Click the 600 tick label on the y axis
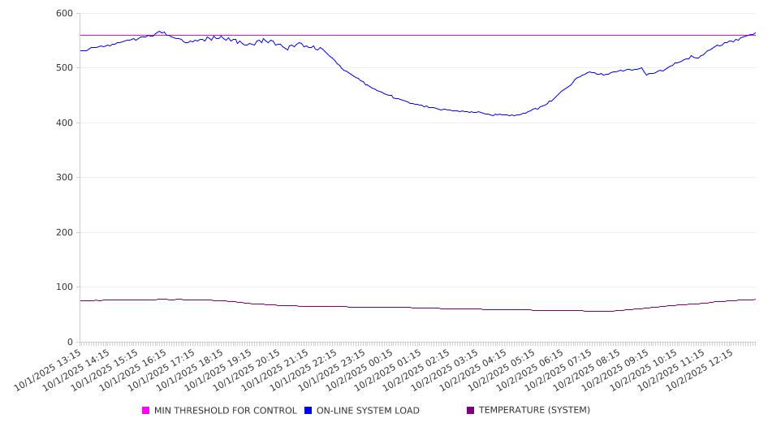(64, 14)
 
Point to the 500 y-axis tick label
(64, 68)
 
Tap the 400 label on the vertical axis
(64, 123)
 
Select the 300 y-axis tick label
(64, 178)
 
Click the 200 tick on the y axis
(64, 233)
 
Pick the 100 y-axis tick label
(64, 287)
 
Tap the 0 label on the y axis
(69, 343)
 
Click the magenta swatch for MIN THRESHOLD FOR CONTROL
(146, 411)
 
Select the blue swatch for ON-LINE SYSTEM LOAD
(308, 411)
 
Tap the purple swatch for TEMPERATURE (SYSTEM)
(470, 411)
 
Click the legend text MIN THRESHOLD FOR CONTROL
(225, 411)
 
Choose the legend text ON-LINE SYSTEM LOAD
(368, 411)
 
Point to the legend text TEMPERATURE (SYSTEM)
(534, 411)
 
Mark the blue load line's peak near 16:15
(160, 32)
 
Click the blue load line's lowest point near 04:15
(511, 116)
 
